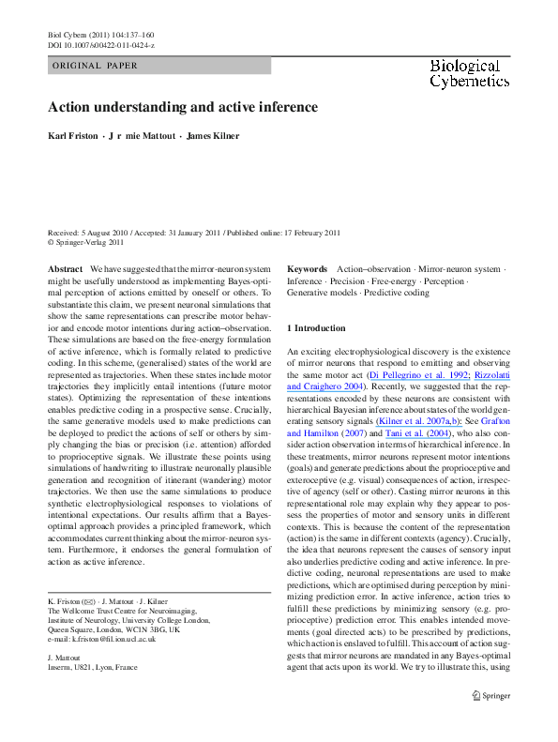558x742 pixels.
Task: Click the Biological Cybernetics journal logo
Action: coord(464,73)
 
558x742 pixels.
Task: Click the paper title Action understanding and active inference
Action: coord(183,107)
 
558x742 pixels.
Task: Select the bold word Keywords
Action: coord(307,269)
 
